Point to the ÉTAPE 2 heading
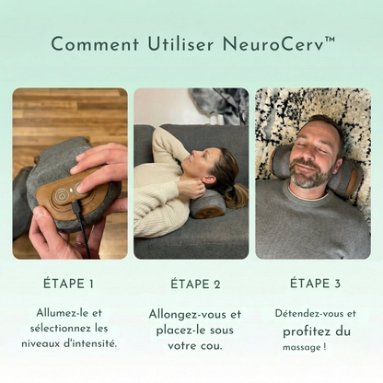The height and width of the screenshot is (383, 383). coord(191,283)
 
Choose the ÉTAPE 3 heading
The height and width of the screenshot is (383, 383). coord(314,283)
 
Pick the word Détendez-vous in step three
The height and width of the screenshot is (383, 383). coord(300,313)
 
